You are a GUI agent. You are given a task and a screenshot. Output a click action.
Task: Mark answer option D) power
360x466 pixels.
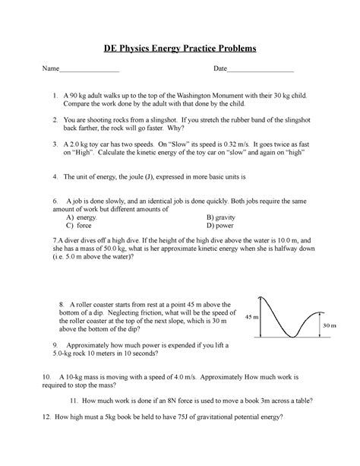pos(223,225)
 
